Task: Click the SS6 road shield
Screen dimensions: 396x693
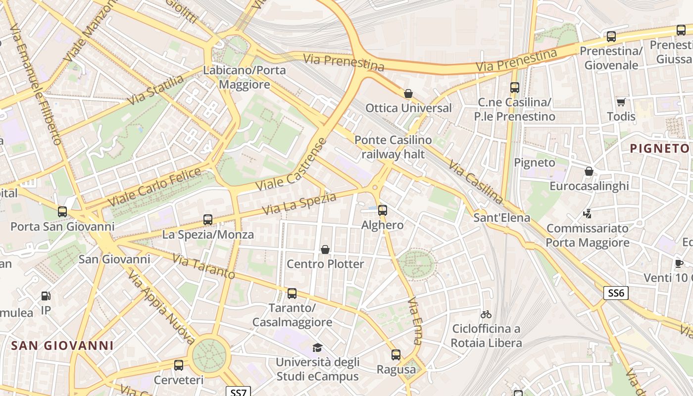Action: (x=616, y=293)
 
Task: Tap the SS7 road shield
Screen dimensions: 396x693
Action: (x=239, y=392)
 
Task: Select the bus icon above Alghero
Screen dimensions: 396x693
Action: (x=382, y=210)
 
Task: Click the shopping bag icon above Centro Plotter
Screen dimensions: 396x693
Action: (x=325, y=249)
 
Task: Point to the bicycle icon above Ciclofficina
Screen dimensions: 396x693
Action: (x=486, y=314)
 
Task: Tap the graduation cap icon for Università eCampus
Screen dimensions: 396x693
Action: (x=317, y=348)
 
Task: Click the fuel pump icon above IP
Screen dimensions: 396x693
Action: (x=46, y=296)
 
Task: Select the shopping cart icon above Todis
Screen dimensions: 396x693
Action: (x=621, y=102)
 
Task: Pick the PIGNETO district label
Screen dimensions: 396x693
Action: (x=659, y=148)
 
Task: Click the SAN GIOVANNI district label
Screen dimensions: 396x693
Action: (x=62, y=346)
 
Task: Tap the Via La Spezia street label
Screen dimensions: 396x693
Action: (x=299, y=203)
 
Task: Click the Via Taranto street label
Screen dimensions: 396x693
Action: (x=203, y=266)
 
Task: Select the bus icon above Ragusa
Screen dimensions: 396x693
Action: (x=396, y=355)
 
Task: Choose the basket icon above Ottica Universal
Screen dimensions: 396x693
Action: (x=408, y=94)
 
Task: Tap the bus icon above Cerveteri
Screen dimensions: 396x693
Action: (x=179, y=365)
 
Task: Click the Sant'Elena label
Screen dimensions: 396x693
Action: (x=501, y=217)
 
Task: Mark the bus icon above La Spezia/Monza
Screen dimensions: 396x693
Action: (x=208, y=220)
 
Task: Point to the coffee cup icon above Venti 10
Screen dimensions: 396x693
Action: (x=679, y=263)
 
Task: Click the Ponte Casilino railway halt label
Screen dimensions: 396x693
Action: (x=393, y=147)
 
